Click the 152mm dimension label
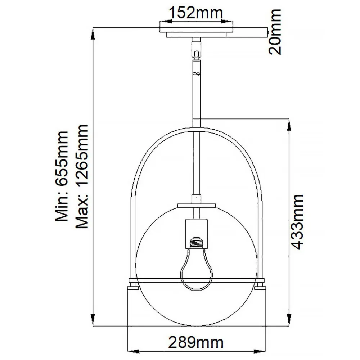click(x=196, y=14)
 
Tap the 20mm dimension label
click(x=275, y=32)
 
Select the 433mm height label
click(x=297, y=222)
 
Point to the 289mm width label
click(x=196, y=342)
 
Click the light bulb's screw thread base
click(x=196, y=243)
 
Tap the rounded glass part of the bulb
click(x=196, y=270)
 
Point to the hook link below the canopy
click(x=196, y=54)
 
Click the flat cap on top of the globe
click(x=196, y=206)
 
